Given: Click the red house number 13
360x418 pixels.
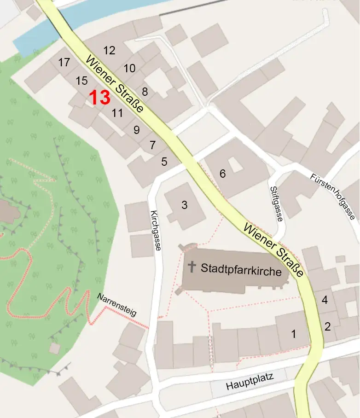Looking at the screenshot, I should (99, 98).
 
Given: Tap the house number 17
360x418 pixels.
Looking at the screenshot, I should (64, 62).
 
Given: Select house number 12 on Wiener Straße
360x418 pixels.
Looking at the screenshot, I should (110, 51).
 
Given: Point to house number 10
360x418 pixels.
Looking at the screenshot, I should (129, 69).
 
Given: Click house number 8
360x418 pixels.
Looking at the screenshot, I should (145, 91).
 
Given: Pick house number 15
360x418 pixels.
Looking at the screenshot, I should (81, 81).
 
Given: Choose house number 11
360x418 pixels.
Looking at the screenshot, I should (117, 113).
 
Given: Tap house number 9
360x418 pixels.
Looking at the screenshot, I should (136, 130).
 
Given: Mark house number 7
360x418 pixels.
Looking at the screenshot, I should (152, 145).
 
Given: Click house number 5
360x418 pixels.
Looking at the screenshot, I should (164, 162).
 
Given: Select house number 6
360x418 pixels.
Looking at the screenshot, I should (223, 174).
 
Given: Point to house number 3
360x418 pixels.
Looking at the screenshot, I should (184, 205).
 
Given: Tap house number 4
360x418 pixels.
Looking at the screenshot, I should (325, 300).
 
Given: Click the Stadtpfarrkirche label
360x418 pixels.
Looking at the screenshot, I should (241, 270).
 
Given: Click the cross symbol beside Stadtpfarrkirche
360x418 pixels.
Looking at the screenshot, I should (192, 266).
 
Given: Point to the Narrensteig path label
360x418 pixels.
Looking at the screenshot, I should (117, 305).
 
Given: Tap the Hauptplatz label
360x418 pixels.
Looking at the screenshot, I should (250, 382).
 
